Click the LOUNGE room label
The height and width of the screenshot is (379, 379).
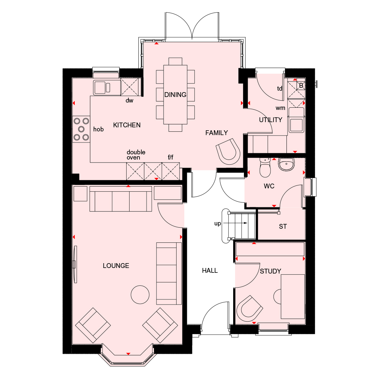coord(116,266)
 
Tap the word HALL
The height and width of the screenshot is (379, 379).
coord(210,271)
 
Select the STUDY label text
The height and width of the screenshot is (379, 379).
coord(271,271)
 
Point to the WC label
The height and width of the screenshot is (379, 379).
coord(269,186)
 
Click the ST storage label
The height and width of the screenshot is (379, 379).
coord(283,227)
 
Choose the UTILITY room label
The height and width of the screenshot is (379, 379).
coord(271,120)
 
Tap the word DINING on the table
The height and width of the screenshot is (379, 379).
coord(175,95)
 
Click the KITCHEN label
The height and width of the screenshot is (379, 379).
coord(127,125)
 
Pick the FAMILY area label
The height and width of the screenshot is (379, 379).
coord(217,133)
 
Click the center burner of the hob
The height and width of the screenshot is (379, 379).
coord(81,129)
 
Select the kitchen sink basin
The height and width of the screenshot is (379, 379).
coord(100,87)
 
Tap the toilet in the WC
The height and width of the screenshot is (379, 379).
coord(265,168)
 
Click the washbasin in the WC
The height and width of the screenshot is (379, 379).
coord(286,164)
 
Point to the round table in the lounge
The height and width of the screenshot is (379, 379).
coord(140,295)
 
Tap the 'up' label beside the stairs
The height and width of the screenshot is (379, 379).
coord(218,224)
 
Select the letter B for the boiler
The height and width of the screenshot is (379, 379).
coord(301,85)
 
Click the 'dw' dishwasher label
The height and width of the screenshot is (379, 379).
coord(129,100)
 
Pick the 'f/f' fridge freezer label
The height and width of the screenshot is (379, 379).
coord(170,157)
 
